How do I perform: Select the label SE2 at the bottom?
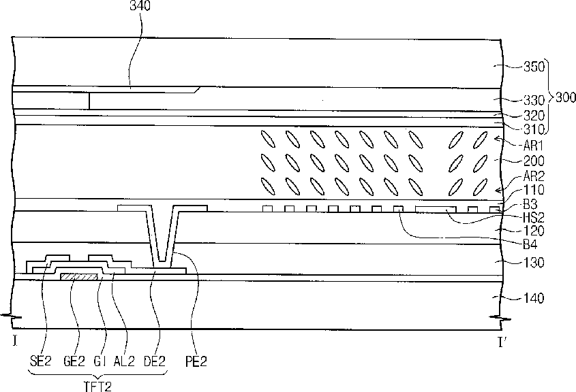42,361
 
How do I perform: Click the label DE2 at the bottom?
153,361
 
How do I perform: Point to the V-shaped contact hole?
161,238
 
